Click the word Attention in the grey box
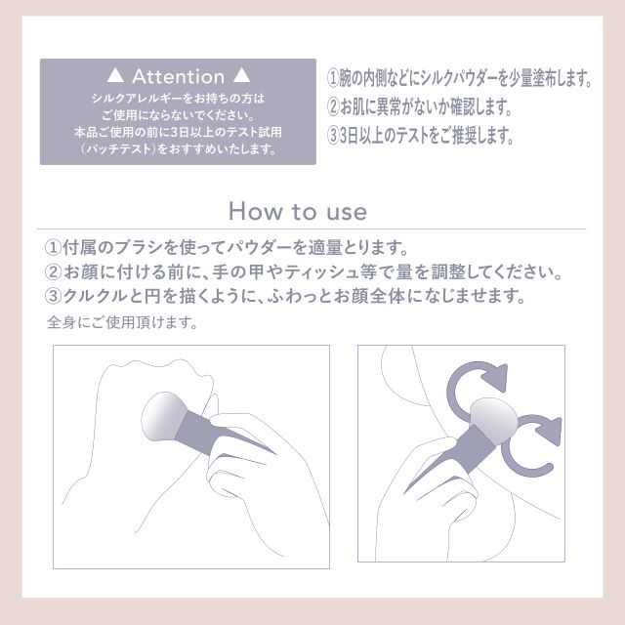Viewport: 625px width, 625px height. tap(178, 76)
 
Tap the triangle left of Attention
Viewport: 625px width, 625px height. tap(115, 76)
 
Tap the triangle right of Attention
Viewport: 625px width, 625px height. tap(241, 76)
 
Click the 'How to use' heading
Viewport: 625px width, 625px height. tap(297, 211)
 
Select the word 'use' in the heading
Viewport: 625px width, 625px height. tap(347, 213)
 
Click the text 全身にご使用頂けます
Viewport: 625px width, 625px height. tap(122, 322)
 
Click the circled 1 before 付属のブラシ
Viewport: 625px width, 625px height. tap(53, 248)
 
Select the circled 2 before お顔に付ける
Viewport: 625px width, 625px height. tap(53, 272)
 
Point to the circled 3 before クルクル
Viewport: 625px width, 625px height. tap(53, 296)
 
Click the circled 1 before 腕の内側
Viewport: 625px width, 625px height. tap(333, 78)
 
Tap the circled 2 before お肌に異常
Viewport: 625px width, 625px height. tap(333, 106)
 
